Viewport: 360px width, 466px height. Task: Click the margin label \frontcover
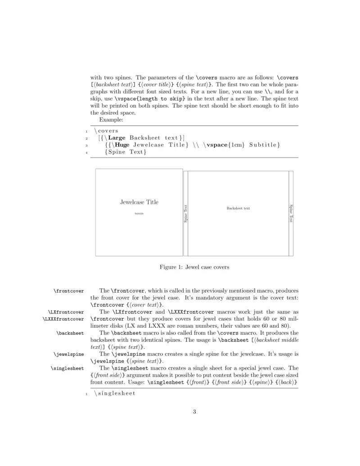[69, 291]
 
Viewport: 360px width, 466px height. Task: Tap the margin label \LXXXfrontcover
[63, 319]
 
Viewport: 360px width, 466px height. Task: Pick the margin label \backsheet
[70, 333]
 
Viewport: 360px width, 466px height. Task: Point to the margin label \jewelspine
[69, 354]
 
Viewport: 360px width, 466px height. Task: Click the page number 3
[194, 411]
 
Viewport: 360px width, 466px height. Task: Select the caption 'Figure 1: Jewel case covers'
[194, 267]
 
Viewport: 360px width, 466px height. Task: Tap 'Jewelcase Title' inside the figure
[139, 202]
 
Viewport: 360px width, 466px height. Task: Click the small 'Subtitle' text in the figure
[139, 213]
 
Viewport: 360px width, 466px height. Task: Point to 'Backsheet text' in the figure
[238, 208]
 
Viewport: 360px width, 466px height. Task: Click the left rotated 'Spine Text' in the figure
[185, 213]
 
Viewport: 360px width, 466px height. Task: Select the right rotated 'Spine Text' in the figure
[291, 213]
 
